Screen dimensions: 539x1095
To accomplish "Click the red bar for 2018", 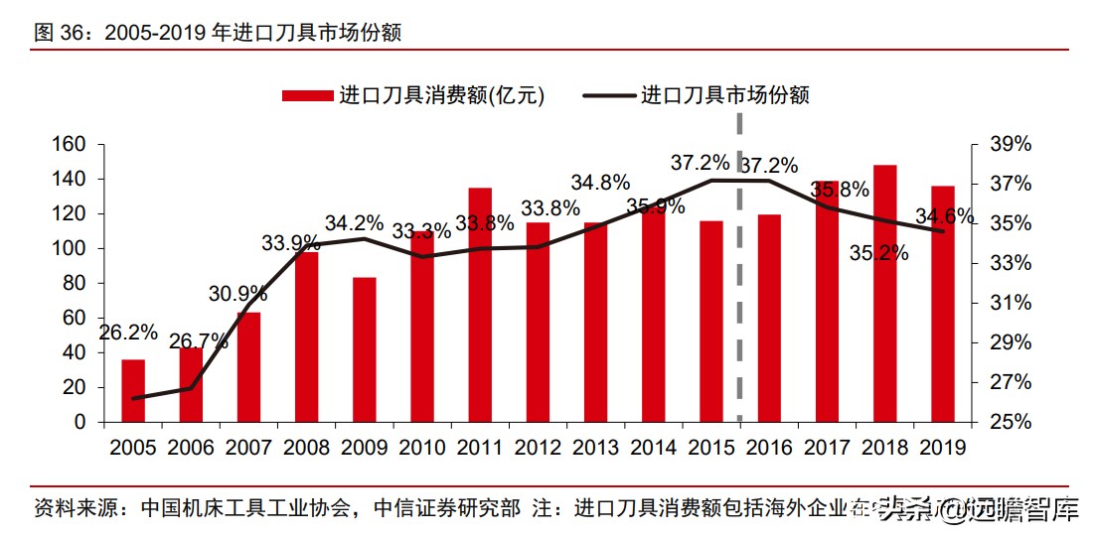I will point(885,293).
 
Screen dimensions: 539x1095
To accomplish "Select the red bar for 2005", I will point(133,390).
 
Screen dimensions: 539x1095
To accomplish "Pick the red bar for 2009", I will point(365,349).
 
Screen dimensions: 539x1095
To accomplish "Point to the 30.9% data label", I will point(238,294).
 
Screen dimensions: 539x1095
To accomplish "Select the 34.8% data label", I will point(600,183).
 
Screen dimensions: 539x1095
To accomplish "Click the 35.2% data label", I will point(878,253).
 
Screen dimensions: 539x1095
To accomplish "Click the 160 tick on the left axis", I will point(72,144).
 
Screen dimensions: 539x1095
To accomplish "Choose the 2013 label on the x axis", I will point(595,448).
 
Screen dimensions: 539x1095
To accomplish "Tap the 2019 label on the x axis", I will point(942,448).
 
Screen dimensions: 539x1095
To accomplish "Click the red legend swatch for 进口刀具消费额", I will point(307,95).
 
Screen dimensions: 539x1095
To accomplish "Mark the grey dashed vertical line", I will point(740,298).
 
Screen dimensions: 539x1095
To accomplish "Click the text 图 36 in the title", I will point(55,33).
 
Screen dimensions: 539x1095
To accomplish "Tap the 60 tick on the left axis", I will point(78,318).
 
